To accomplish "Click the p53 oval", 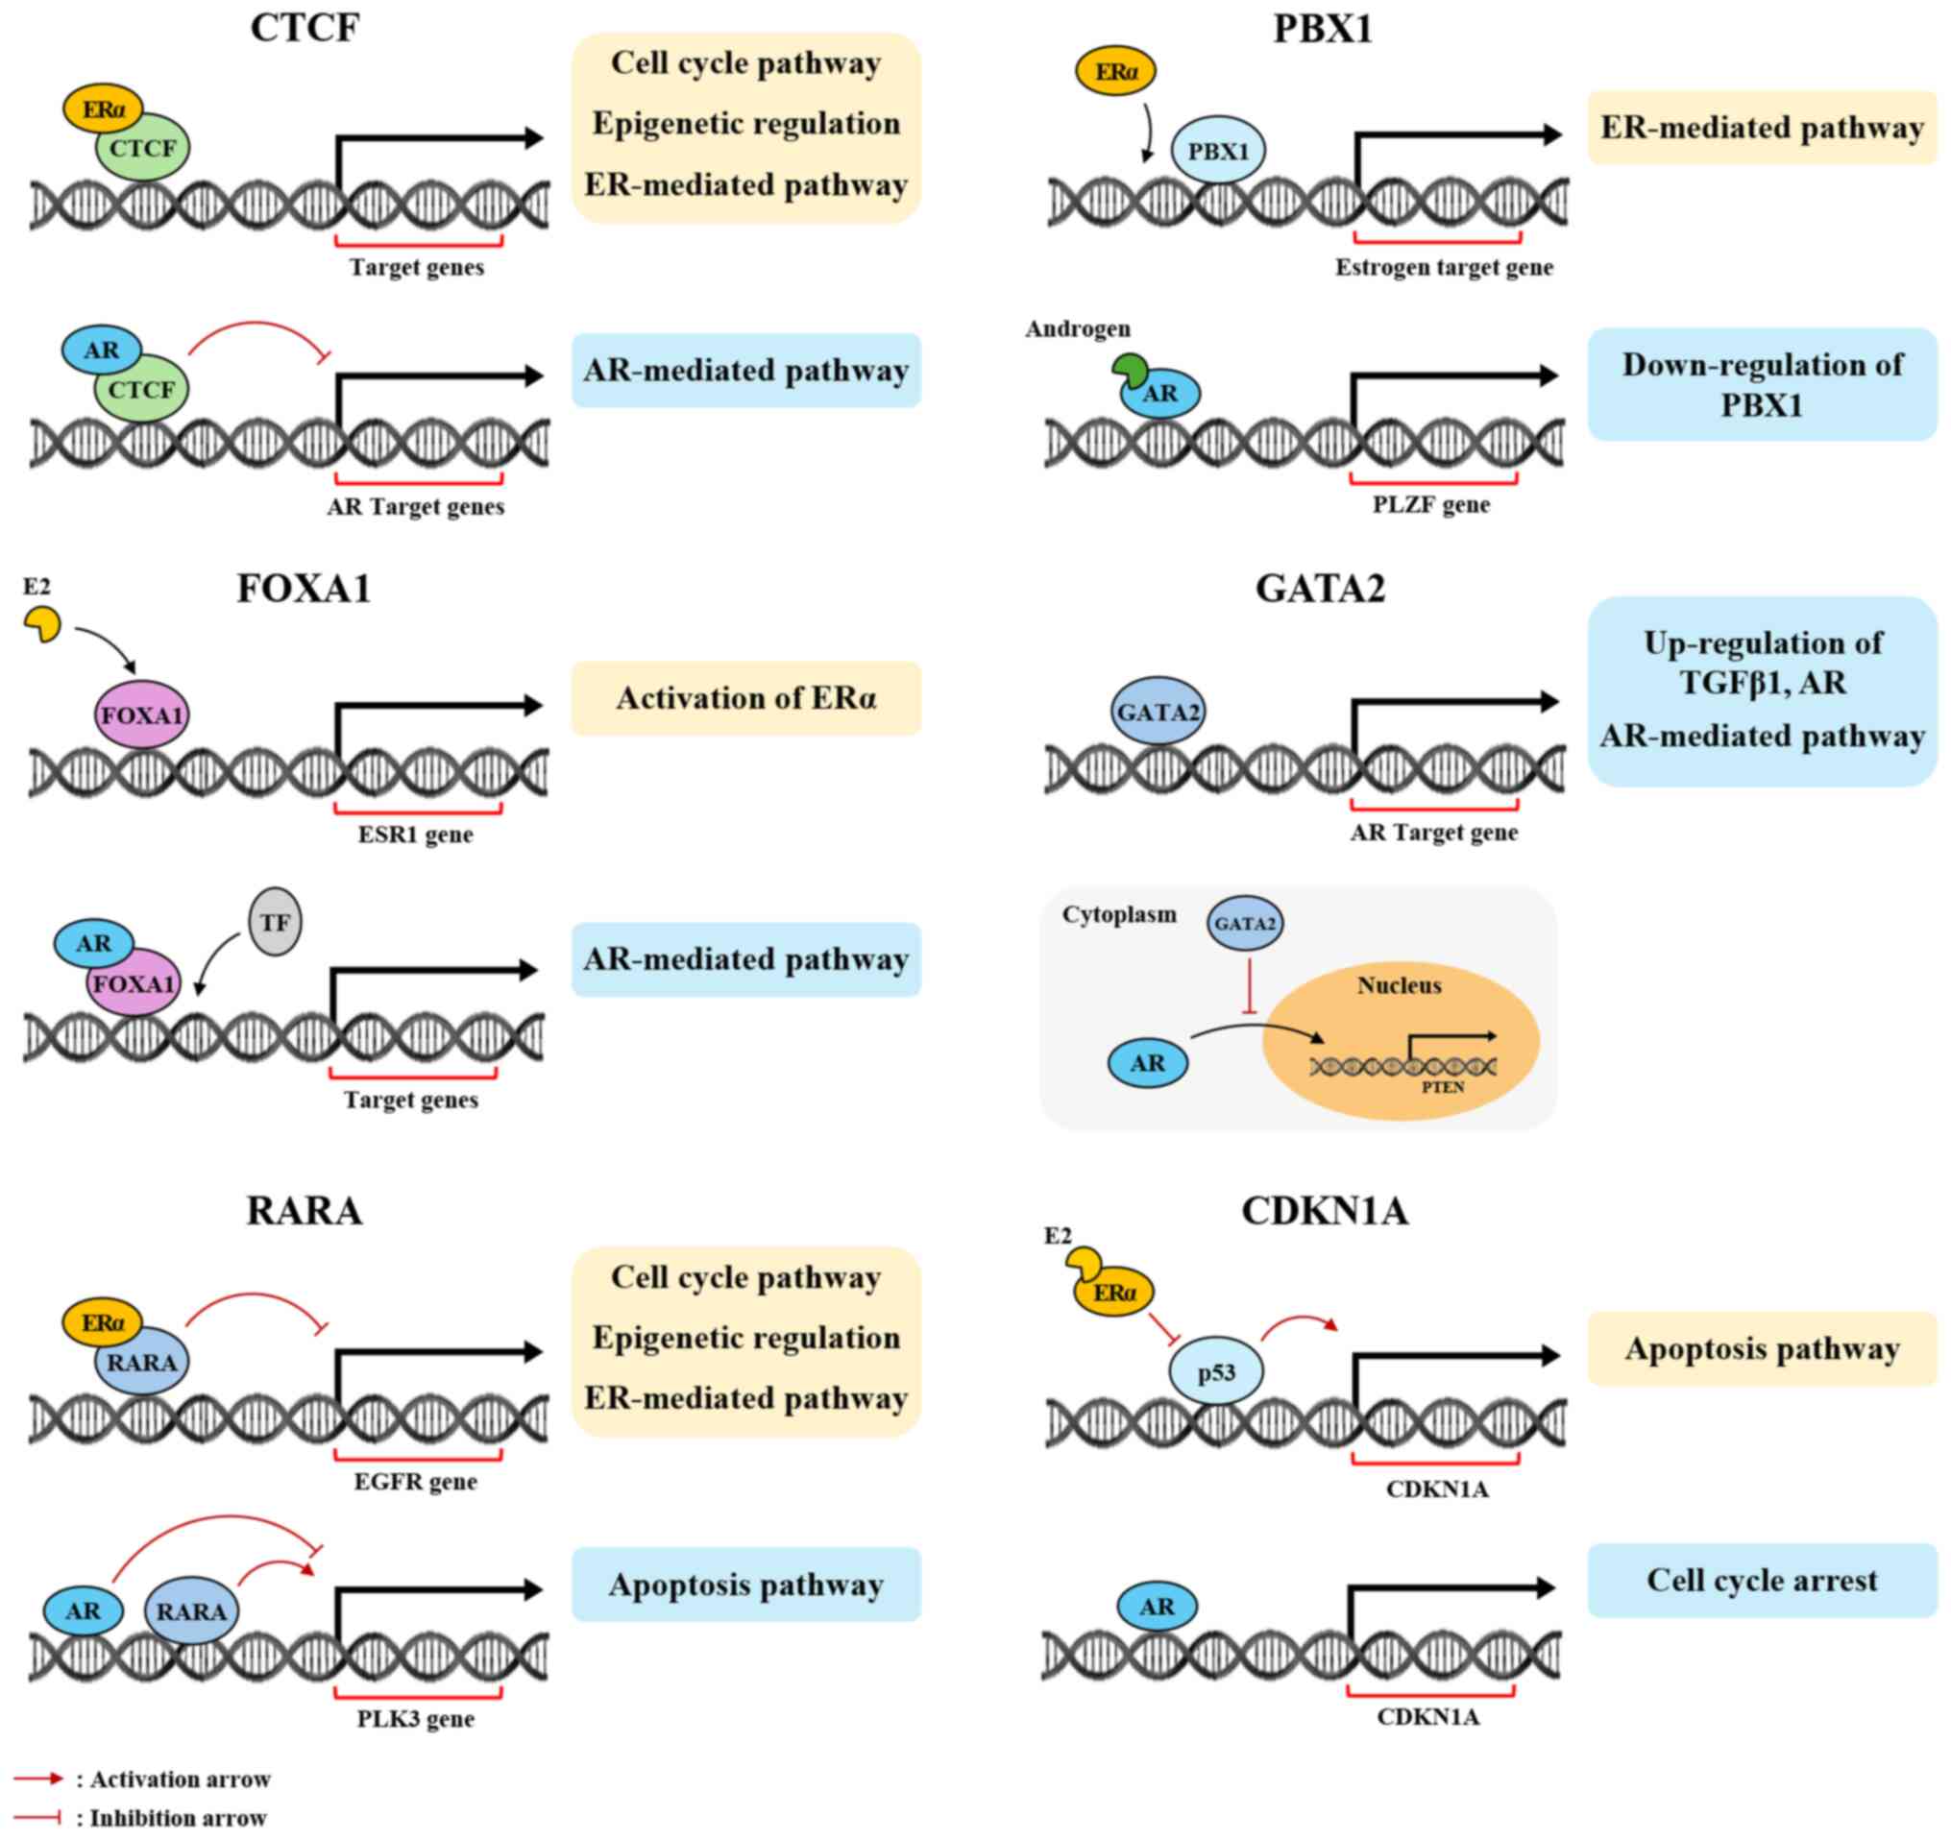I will coord(1216,1372).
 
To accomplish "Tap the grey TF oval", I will coord(275,923).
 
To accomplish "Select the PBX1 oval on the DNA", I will coord(1218,151).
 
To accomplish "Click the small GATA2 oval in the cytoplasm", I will coord(1244,924).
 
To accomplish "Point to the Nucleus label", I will coord(1399,985).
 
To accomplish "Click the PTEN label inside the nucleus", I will coord(1443,1087).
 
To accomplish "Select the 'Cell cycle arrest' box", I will coord(1761,1580).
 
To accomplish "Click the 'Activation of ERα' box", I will coord(745,699).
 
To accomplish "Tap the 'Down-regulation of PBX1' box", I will coord(1761,385).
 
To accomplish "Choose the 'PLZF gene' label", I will coord(1431,505).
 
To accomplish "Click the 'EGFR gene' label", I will coord(415,1482).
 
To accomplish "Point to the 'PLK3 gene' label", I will coord(415,1719).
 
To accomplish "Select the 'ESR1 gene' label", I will coord(415,835).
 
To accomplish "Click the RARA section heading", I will coord(305,1211).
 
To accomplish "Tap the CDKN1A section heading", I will coord(1325,1211).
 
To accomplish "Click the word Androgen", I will coord(1078,328).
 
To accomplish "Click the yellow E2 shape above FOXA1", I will coord(41,624).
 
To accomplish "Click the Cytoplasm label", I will coord(1119,914).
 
